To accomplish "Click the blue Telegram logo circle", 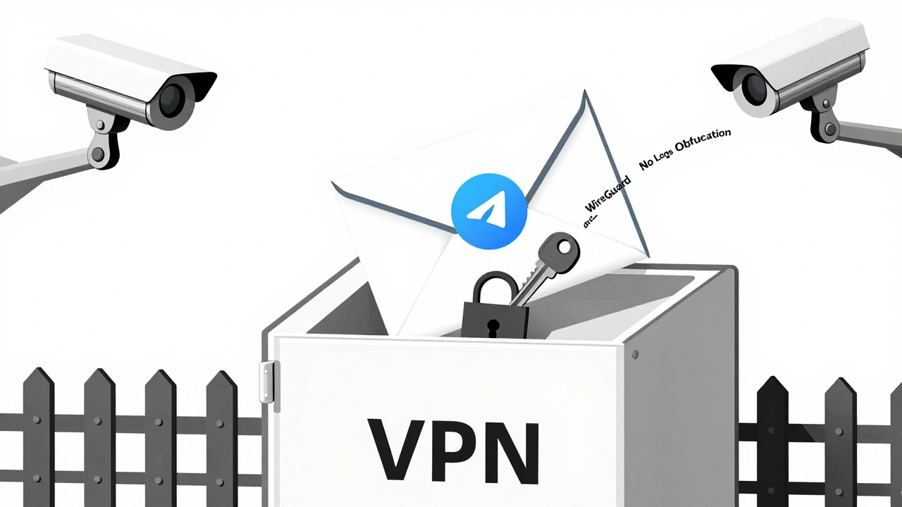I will pyautogui.click(x=488, y=211).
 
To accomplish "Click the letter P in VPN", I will pyautogui.click(x=449, y=449).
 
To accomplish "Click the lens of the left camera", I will pyautogui.click(x=172, y=99).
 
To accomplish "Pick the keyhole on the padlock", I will pyautogui.click(x=493, y=325).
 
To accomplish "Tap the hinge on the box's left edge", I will pyautogui.click(x=266, y=382).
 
